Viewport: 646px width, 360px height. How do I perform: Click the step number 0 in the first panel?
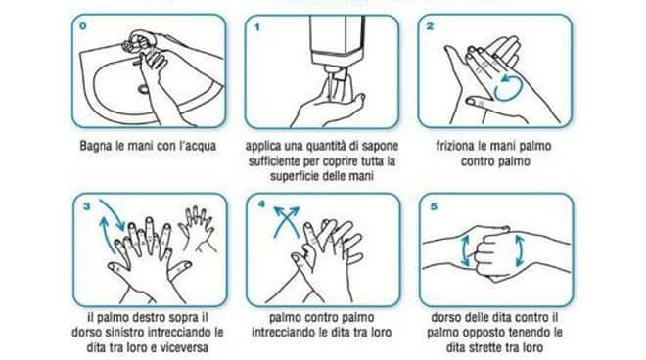[83, 26]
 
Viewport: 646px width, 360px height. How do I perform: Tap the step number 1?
[257, 27]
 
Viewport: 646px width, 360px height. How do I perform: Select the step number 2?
[430, 26]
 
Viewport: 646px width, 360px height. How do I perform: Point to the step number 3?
[86, 206]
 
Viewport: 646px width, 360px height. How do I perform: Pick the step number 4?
[261, 204]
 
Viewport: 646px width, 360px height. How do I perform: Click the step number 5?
[434, 206]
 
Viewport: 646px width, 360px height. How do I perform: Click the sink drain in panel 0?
[143, 88]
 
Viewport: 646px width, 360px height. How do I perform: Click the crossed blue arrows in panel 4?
[287, 222]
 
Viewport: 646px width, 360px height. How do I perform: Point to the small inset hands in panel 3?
[197, 229]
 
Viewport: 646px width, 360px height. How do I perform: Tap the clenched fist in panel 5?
[492, 252]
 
